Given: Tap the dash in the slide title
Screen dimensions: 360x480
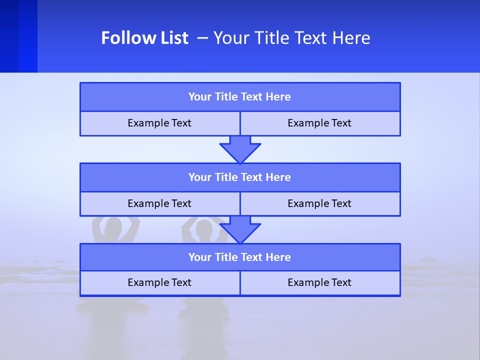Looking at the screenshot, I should (202, 38).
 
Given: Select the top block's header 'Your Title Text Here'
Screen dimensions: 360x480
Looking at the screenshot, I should (239, 97).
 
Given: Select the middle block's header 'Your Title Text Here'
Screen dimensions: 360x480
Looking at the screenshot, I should (239, 177).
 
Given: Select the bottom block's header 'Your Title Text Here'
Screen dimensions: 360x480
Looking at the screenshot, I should (239, 257).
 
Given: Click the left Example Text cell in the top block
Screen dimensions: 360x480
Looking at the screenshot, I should (159, 123).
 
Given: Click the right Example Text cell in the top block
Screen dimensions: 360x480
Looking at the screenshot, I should (319, 123).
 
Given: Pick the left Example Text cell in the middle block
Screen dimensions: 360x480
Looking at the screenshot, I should (159, 203).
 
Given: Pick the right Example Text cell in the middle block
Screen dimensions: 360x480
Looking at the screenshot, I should (319, 203).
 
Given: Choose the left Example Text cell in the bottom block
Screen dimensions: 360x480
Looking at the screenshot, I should (159, 282).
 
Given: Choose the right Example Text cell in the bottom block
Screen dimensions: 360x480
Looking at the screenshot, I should (319, 282).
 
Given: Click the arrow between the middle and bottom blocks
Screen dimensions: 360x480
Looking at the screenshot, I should (240, 229).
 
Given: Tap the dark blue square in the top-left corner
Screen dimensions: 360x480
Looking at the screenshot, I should (18, 36).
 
